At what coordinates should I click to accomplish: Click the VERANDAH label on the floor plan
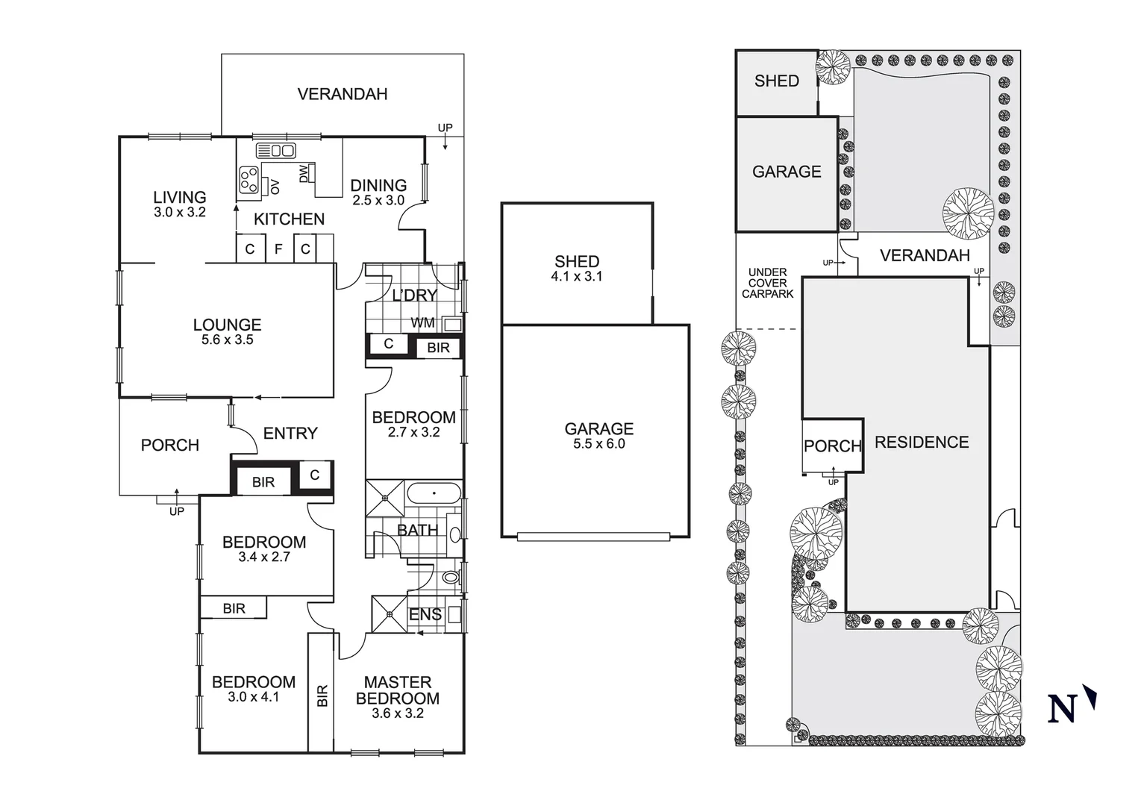[342, 94]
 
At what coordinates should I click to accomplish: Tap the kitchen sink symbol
[276, 151]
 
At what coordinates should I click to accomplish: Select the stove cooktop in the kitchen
[249, 180]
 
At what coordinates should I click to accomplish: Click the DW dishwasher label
[304, 174]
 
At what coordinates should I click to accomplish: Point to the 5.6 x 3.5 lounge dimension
[227, 340]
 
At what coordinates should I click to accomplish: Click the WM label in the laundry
[422, 323]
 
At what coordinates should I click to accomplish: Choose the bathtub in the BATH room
[434, 494]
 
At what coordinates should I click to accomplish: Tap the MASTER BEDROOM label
[397, 690]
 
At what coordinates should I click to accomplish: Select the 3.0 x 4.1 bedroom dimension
[253, 697]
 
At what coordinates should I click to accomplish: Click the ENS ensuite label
[425, 614]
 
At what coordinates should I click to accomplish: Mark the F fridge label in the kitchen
[278, 249]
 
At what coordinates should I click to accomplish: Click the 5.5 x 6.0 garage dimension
[598, 444]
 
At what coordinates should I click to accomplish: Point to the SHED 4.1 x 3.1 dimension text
[577, 276]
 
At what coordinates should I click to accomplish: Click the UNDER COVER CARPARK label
[767, 284]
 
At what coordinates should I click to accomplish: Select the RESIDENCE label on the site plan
[922, 443]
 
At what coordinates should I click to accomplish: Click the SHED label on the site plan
[776, 81]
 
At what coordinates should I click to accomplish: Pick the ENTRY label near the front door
[290, 434]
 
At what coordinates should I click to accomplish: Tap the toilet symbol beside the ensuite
[450, 577]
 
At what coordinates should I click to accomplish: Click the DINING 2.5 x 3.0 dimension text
[378, 201]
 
